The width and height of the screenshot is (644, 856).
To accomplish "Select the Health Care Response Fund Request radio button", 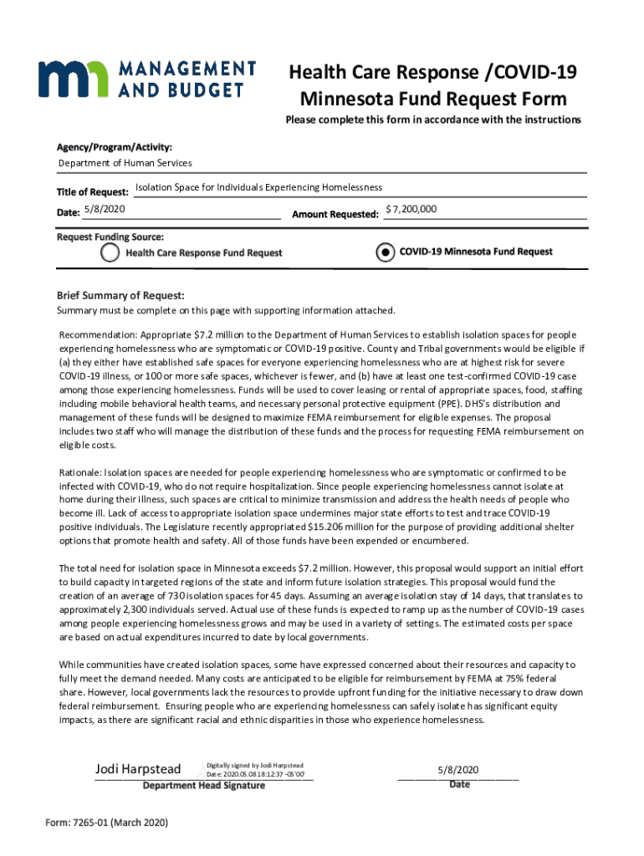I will pyautogui.click(x=110, y=252).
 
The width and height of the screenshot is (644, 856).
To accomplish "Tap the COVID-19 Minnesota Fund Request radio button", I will pyautogui.click(x=384, y=252).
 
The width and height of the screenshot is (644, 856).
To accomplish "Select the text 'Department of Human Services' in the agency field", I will pyautogui.click(x=124, y=163).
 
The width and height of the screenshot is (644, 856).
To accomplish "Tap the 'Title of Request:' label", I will pyautogui.click(x=92, y=192).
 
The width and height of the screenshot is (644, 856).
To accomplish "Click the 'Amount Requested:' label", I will pyautogui.click(x=335, y=215).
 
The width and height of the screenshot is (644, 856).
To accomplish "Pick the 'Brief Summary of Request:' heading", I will pyautogui.click(x=120, y=296).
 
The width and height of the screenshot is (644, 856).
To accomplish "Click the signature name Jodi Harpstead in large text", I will pyautogui.click(x=138, y=769).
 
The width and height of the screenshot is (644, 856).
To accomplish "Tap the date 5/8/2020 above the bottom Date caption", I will pyautogui.click(x=457, y=769).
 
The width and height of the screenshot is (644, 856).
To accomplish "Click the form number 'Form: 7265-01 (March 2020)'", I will pyautogui.click(x=106, y=823).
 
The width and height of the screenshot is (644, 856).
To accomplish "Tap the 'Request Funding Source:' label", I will pyautogui.click(x=110, y=237).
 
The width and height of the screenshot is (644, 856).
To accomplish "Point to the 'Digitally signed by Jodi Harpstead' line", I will pyautogui.click(x=255, y=765).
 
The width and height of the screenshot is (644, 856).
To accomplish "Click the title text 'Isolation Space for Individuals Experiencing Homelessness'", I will pyautogui.click(x=258, y=187).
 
